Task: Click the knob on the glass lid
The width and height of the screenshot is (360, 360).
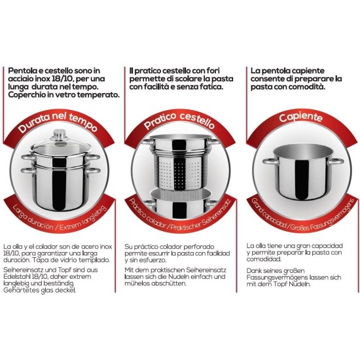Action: click(59, 135)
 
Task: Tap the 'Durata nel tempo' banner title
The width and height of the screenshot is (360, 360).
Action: click(58, 122)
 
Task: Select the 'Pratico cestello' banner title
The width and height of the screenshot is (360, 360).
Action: click(179, 120)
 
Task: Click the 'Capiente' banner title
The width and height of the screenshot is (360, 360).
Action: click(301, 117)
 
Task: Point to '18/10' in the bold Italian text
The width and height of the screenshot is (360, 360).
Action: click(62, 79)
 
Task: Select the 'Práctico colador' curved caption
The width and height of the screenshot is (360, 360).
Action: click(147, 214)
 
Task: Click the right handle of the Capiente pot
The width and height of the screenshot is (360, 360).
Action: click(336, 162)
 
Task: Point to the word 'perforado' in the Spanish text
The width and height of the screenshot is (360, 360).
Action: click(199, 247)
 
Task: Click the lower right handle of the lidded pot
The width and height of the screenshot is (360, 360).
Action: click(93, 171)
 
